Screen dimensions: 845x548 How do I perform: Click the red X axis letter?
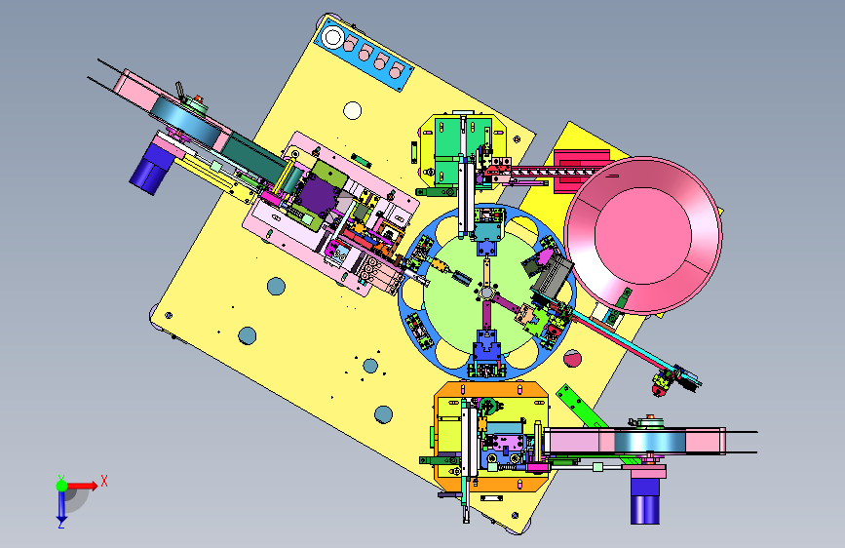tap(104, 481)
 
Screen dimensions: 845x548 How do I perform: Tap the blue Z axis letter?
tap(61, 524)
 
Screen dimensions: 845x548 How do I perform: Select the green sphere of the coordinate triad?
tap(62, 486)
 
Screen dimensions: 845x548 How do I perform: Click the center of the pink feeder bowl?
tap(643, 235)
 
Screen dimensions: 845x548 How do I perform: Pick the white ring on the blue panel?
tap(332, 38)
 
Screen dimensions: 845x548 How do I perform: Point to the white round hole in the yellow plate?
tap(353, 110)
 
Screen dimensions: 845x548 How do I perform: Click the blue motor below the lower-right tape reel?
tap(645, 501)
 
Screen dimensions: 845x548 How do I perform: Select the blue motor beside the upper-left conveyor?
tap(150, 170)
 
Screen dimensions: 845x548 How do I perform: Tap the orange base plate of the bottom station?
tap(491, 436)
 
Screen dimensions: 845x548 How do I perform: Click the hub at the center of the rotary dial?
tap(486, 293)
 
